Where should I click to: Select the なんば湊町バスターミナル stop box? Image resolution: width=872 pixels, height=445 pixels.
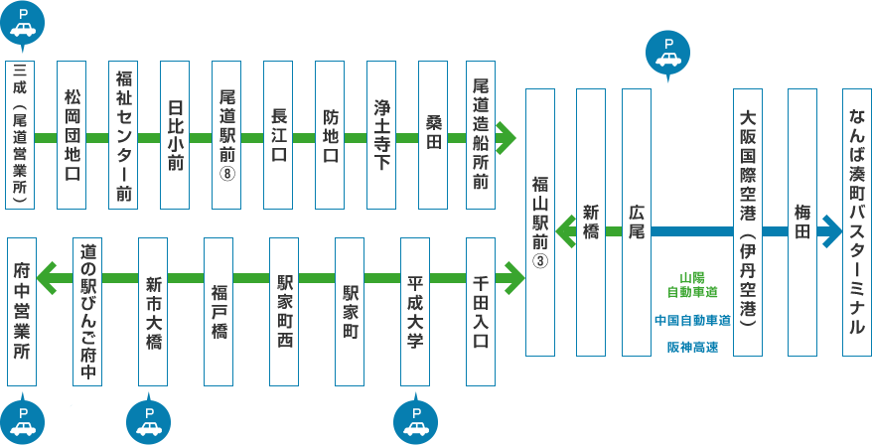(x=856, y=222)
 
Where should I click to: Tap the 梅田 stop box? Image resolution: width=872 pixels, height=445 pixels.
(x=801, y=222)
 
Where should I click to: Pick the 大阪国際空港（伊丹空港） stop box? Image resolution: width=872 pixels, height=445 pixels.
(x=747, y=222)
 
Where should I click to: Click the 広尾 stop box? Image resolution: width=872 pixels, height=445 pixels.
(x=637, y=222)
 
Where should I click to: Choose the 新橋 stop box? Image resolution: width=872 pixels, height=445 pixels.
(x=590, y=222)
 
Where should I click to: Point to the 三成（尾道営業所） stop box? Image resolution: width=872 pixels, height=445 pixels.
(x=21, y=135)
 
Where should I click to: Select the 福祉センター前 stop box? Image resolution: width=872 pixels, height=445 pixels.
(x=123, y=135)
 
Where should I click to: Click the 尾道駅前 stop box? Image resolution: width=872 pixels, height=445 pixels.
(x=227, y=135)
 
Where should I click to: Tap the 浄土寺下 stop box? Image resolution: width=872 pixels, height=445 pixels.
(x=382, y=135)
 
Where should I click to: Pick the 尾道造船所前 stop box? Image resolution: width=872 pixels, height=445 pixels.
(x=482, y=135)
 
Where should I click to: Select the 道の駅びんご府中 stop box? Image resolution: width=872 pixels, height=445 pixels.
(x=87, y=311)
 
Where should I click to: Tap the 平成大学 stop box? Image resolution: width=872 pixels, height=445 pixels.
(x=415, y=311)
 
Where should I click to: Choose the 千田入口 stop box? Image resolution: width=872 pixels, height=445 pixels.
(x=482, y=311)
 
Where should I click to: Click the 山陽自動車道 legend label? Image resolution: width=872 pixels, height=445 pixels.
(x=692, y=284)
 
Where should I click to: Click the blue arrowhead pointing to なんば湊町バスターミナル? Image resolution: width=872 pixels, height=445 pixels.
(x=827, y=232)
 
